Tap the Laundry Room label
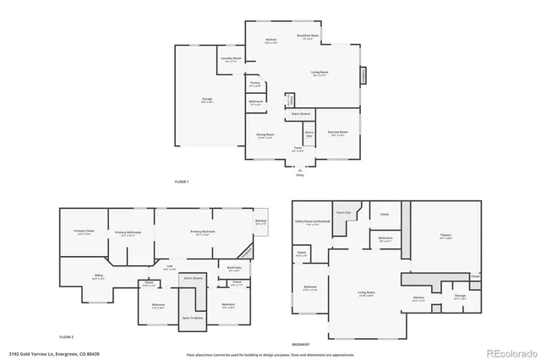pyautogui.click(x=232, y=59)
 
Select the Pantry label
pyautogui.click(x=254, y=84)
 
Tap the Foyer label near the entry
pyautogui.click(x=298, y=149)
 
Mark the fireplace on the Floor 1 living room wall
pyautogui.click(x=365, y=75)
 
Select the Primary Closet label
pyautogui.click(x=84, y=233)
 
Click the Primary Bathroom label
pyautogui.click(x=128, y=233)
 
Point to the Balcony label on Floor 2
pyautogui.click(x=260, y=222)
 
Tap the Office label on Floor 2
pyautogui.click(x=98, y=275)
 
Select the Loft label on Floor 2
pyautogui.click(x=170, y=268)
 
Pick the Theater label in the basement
pyautogui.click(x=445, y=237)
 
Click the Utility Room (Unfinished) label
pyautogui.click(x=306, y=223)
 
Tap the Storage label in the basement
pyautogui.click(x=459, y=297)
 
